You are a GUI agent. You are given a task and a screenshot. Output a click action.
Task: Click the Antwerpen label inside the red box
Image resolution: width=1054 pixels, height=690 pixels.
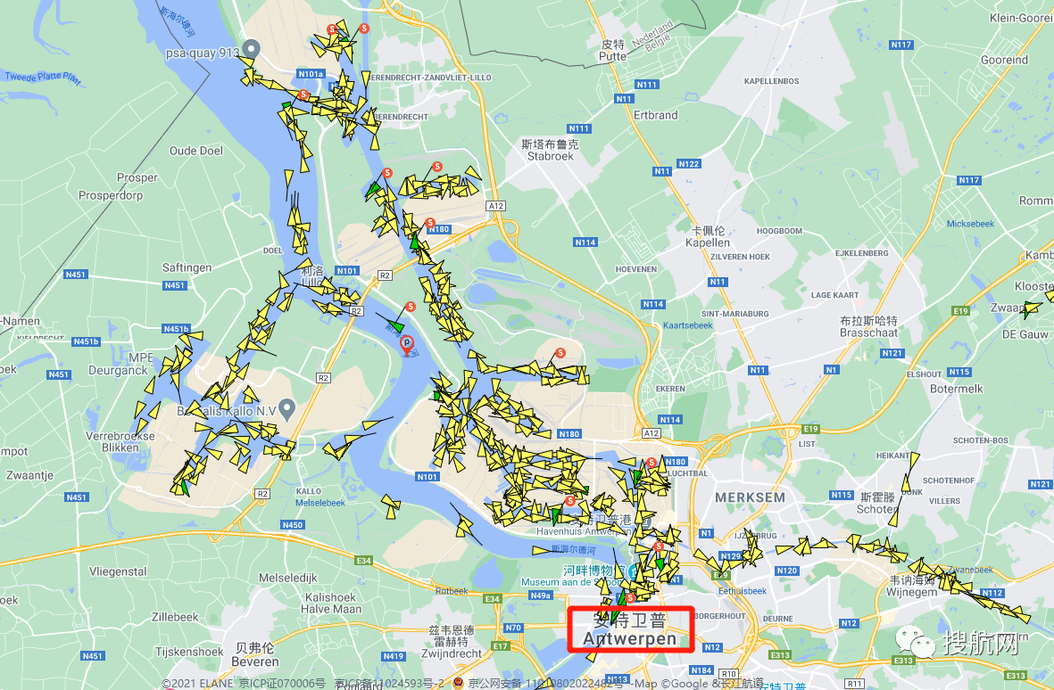[x=630, y=638]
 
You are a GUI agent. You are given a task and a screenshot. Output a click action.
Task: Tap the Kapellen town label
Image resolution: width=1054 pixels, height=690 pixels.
[x=708, y=242]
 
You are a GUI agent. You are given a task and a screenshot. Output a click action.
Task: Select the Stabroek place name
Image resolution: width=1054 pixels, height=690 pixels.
[x=550, y=156]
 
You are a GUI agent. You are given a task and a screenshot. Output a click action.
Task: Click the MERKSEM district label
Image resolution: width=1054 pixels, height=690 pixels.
[x=750, y=497]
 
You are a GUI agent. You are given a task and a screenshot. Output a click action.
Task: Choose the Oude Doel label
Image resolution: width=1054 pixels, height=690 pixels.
[x=196, y=151]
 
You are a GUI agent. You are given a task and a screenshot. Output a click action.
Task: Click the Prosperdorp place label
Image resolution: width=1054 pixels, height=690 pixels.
[x=111, y=195]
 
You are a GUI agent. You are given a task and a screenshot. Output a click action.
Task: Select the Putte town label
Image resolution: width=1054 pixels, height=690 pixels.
[x=612, y=55]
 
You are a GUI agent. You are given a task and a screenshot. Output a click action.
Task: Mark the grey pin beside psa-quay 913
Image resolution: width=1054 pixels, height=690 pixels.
[x=253, y=49]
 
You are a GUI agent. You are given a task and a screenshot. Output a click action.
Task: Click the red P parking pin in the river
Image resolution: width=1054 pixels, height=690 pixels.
[x=407, y=343]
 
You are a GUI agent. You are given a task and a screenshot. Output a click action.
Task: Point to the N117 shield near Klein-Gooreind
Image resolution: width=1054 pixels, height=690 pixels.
[x=901, y=45]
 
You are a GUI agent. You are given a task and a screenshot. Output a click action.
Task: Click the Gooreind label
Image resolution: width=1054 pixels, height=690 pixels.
[x=1004, y=61]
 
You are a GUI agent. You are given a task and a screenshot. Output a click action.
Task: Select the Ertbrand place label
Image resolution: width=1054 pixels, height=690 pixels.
[x=655, y=115]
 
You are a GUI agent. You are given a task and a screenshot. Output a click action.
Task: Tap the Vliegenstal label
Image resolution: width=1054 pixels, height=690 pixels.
[x=119, y=571]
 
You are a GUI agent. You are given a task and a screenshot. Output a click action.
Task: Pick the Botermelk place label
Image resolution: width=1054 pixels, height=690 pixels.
[x=956, y=389]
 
